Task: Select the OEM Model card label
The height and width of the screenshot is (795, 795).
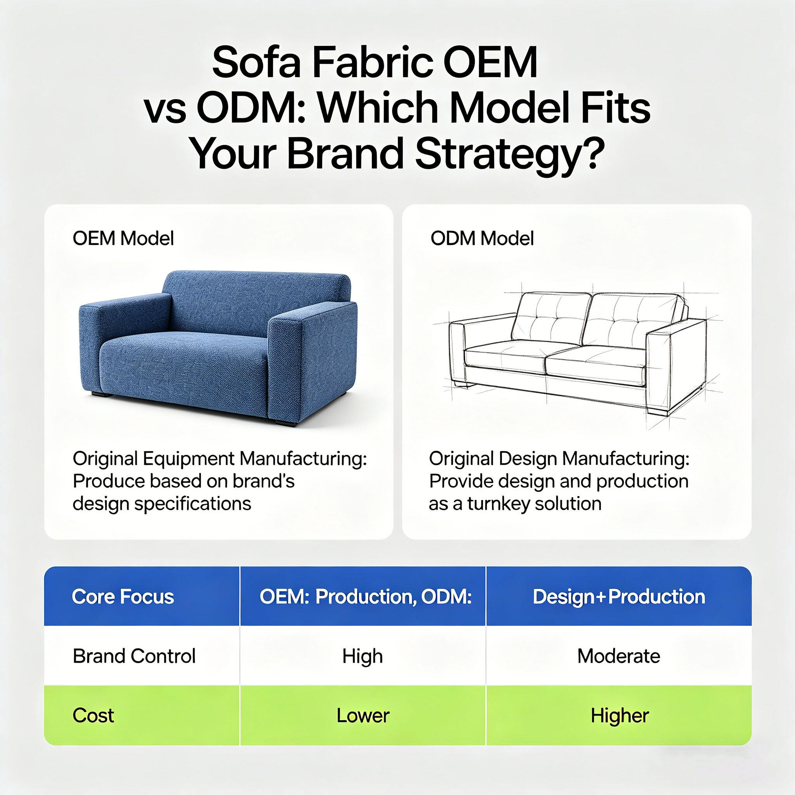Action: (123, 238)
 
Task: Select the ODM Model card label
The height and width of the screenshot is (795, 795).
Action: (482, 238)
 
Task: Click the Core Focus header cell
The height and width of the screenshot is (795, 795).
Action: (123, 597)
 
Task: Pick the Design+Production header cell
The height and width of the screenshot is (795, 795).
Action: (618, 597)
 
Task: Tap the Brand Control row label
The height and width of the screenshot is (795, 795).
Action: (134, 656)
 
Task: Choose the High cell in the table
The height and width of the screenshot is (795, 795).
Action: (363, 656)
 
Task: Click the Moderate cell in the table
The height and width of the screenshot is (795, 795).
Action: (618, 656)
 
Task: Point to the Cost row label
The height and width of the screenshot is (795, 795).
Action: (94, 715)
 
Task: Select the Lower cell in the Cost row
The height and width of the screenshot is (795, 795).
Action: (363, 715)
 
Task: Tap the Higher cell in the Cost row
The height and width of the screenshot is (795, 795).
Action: (619, 715)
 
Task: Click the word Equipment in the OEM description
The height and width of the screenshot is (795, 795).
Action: (189, 458)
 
